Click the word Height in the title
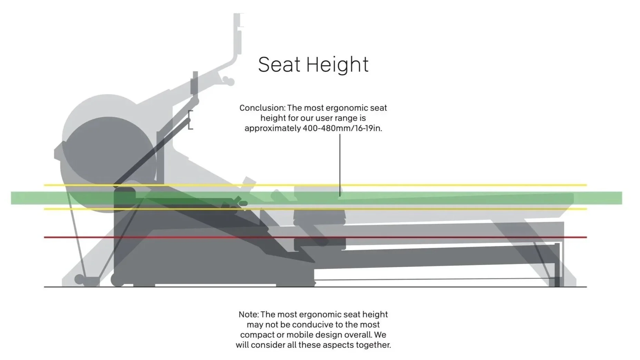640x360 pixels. tap(337, 65)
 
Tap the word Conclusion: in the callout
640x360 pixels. tap(262, 108)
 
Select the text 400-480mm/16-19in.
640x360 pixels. tap(342, 128)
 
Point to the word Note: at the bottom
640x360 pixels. tap(249, 314)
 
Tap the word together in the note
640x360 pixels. tap(373, 345)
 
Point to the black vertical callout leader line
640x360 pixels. tap(340, 162)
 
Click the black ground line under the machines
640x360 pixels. tap(414, 287)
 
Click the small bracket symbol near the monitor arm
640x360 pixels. tap(190, 120)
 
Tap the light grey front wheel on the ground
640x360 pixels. tap(79, 279)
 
